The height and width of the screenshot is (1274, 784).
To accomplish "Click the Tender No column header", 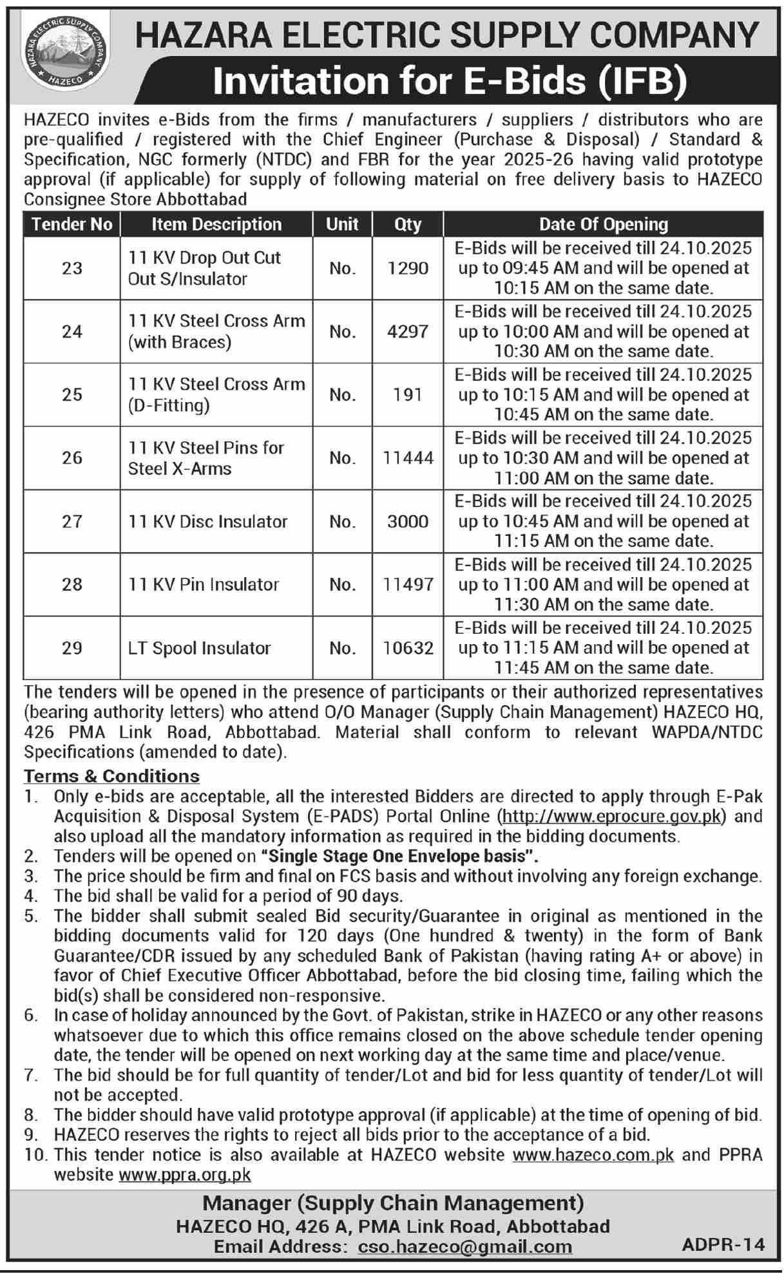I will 72,224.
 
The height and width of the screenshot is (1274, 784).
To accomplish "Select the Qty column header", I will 408,224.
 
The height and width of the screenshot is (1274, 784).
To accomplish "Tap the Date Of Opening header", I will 603,224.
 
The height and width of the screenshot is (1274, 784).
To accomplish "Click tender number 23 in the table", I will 72,268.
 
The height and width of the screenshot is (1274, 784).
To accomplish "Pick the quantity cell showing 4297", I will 408,332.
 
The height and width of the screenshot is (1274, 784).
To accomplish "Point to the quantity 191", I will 408,394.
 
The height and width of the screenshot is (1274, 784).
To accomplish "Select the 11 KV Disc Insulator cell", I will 207,521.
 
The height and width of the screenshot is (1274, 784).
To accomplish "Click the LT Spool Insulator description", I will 199,648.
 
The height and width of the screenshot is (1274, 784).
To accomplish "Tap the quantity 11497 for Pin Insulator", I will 408,584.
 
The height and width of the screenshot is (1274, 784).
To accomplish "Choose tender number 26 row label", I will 72,458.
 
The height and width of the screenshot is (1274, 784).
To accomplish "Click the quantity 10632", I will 408,648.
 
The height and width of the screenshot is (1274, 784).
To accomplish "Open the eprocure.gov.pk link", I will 611,817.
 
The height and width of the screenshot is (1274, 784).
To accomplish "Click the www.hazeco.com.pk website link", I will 593,1155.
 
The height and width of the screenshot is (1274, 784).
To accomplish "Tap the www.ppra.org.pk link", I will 185,1175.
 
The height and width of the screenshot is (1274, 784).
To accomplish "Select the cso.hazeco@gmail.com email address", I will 464,1247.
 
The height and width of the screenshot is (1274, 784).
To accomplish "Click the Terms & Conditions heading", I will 112,776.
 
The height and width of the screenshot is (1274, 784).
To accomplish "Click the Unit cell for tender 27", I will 342,521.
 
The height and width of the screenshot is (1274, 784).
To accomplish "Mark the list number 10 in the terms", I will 36,1155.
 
